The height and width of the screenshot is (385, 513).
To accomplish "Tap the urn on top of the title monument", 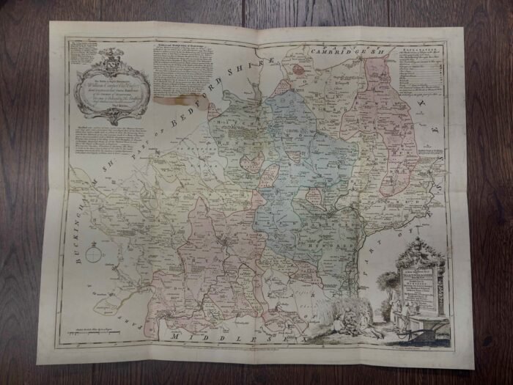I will pos(419,246).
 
